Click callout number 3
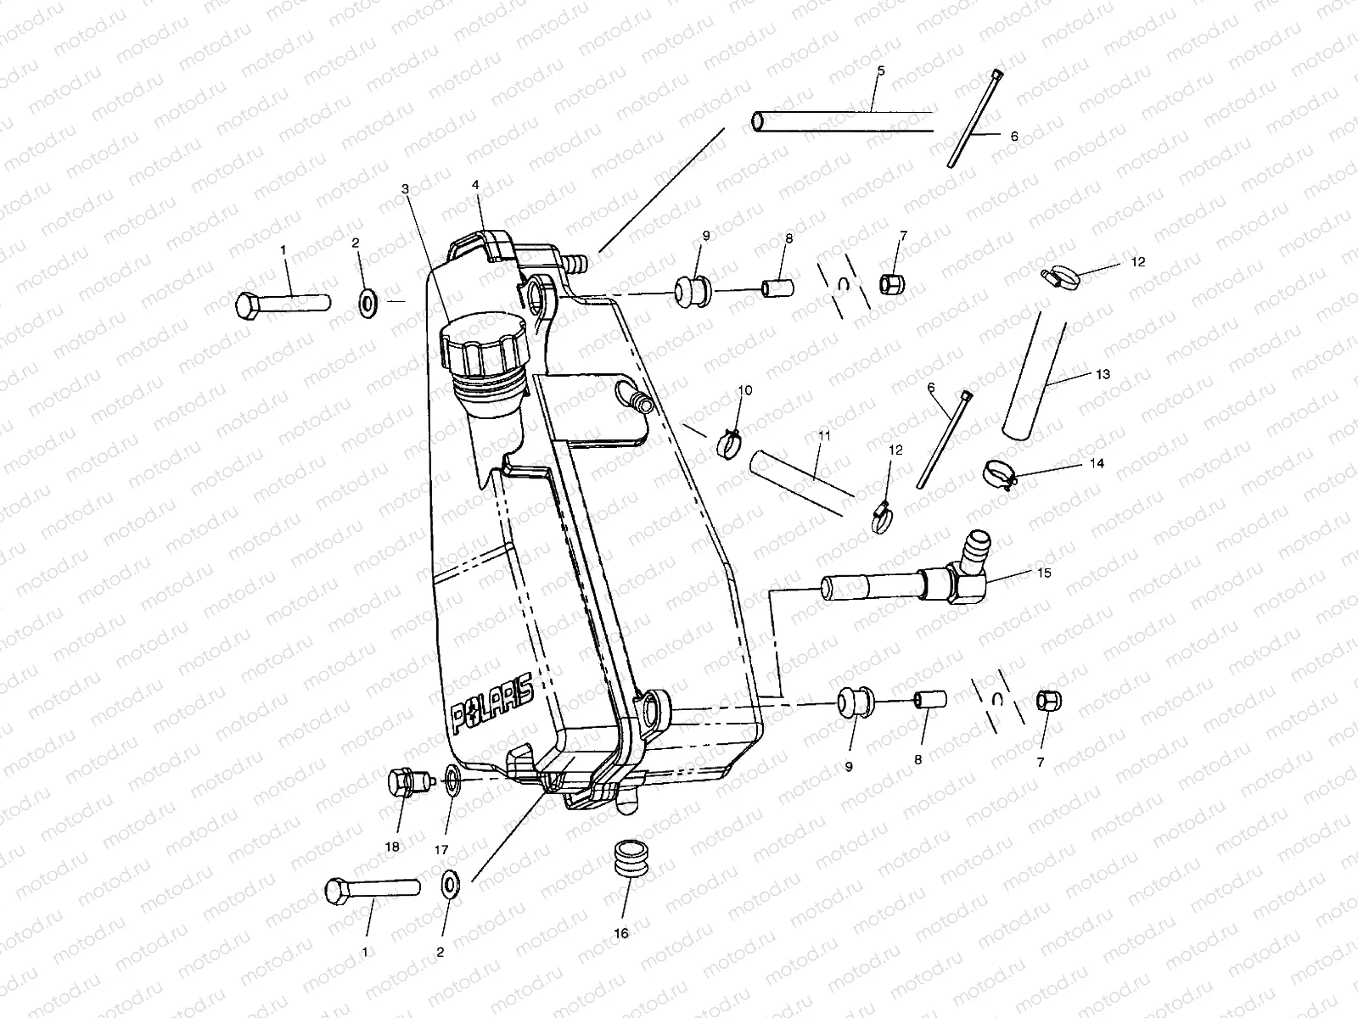(406, 189)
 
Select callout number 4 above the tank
(476, 185)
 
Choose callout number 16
(621, 932)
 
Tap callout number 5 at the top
(880, 71)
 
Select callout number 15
(1043, 573)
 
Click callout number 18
(391, 847)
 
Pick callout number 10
(745, 390)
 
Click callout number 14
(1097, 464)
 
